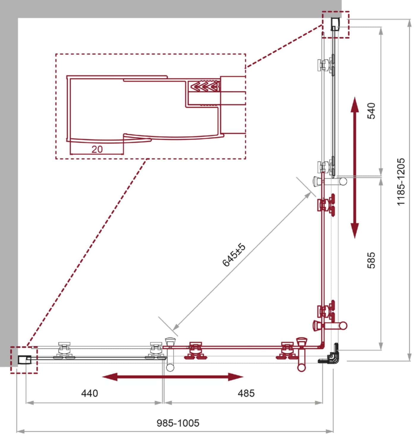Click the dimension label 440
click(x=89, y=393)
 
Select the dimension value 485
click(x=246, y=393)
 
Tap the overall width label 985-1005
click(x=178, y=423)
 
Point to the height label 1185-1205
click(x=401, y=182)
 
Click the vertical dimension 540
click(x=371, y=111)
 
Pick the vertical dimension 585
click(x=371, y=260)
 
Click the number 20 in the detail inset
click(x=97, y=149)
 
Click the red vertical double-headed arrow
click(x=354, y=168)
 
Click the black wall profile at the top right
click(x=335, y=24)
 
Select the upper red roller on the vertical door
click(x=326, y=204)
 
